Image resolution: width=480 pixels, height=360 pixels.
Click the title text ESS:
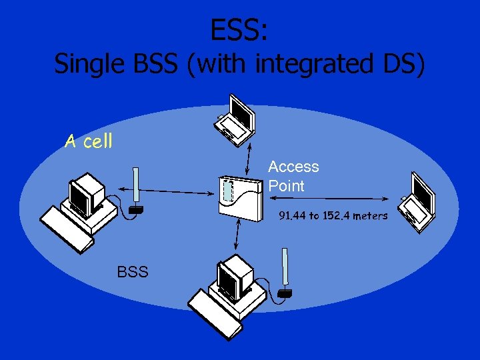pos(239,29)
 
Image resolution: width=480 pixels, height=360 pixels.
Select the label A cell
pos(88,141)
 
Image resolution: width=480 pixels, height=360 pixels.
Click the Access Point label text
pos(293,176)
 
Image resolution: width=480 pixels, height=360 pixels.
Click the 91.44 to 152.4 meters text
pos(333,216)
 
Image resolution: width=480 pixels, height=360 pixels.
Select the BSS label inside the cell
pos(133,272)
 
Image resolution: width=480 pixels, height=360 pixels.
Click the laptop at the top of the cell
pos(237,120)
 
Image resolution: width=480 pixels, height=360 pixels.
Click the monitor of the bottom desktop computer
pos(237,276)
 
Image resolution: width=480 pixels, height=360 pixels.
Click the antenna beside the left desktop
pos(136,191)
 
